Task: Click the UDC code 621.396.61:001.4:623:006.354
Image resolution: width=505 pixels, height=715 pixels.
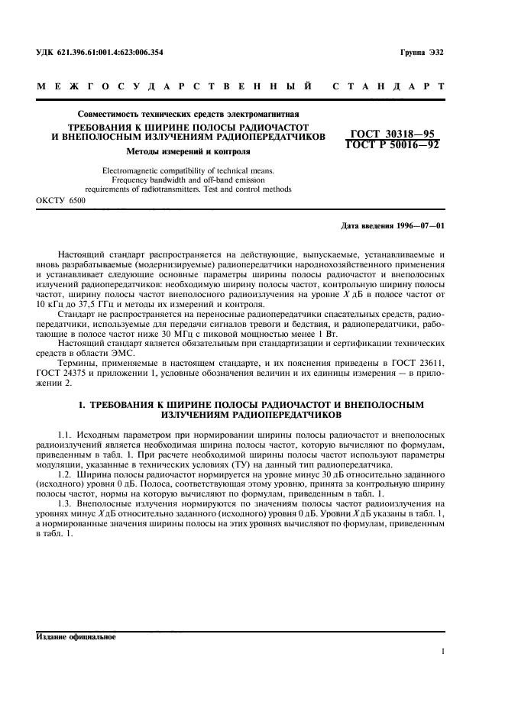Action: point(112,53)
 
